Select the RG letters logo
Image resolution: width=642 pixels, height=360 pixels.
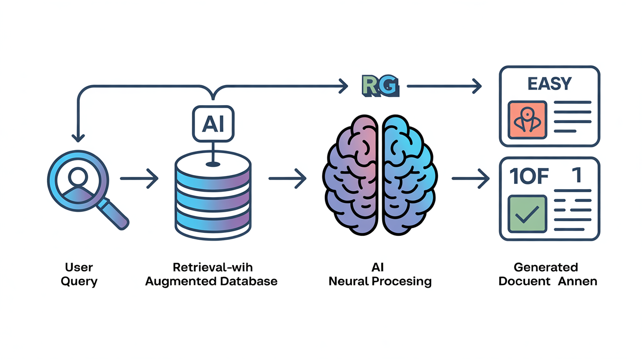[x=380, y=86]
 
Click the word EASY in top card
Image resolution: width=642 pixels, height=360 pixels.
[x=550, y=84]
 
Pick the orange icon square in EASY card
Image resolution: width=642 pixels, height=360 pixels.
[x=527, y=120]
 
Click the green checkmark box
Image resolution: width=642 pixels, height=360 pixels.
[x=527, y=214]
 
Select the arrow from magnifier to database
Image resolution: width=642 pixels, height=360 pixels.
[x=139, y=179]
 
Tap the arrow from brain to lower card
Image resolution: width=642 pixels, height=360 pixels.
[x=470, y=179]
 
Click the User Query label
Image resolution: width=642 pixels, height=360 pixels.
[x=79, y=274]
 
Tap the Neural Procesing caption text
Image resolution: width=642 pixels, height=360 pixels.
[x=380, y=282]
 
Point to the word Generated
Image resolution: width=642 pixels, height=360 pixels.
[x=546, y=268]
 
